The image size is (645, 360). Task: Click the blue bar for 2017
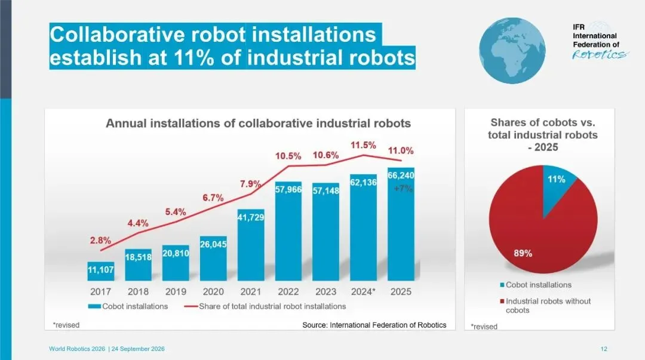100,271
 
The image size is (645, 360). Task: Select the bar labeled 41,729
250,245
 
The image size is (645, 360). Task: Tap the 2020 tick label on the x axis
213,292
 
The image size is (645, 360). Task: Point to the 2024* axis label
363,292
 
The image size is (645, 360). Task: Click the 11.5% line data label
363,145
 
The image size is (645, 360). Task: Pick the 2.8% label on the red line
100,240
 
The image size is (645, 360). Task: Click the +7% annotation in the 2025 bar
403,189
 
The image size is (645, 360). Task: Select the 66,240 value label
401,176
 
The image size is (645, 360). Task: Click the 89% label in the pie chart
523,254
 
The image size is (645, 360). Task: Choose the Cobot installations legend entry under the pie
536,285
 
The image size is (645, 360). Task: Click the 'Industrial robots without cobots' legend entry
545,306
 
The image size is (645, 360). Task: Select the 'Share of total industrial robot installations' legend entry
265,306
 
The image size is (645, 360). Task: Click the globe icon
512,51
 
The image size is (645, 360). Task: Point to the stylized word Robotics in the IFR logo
600,54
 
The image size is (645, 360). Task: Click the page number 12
604,349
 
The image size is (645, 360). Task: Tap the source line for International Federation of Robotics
374,325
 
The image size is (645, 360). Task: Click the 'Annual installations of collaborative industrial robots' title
259,124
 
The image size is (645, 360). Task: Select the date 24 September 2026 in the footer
138,349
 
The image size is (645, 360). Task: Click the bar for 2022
288,231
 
